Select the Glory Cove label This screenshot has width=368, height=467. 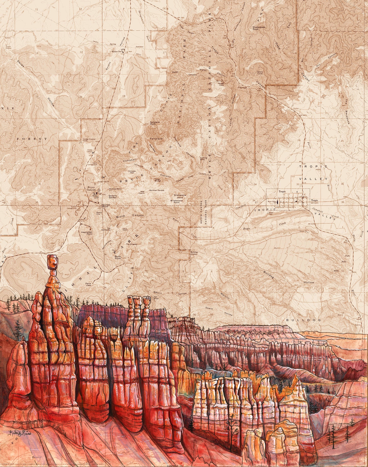pos(260,73)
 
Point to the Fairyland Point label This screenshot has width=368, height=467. pos(155,123)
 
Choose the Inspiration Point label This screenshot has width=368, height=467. pos(87,233)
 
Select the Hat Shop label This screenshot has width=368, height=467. pos(156,297)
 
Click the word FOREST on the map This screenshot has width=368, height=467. pos(32,139)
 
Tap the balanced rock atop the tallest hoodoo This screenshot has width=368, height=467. pos(52,262)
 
